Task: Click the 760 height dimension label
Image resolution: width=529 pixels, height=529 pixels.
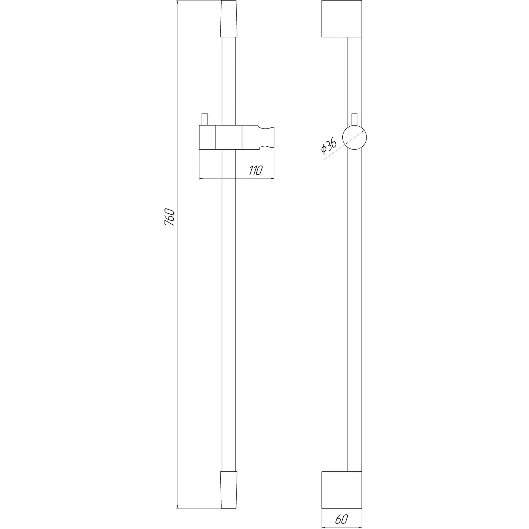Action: (x=170, y=217)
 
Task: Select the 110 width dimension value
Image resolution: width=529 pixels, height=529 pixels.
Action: (x=255, y=170)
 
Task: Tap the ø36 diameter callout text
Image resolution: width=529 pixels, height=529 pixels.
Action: (x=329, y=146)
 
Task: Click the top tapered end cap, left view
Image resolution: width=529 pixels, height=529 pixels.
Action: (x=229, y=19)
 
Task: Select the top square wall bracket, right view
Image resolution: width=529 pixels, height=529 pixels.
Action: (x=341, y=19)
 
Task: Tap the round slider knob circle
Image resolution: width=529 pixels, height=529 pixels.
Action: (x=355, y=137)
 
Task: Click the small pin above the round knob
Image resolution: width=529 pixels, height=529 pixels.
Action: (x=355, y=119)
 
